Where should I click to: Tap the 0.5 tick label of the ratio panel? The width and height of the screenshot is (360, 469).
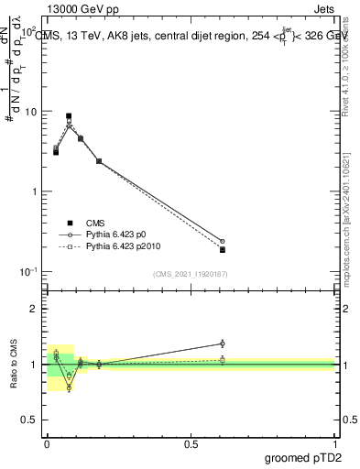(31, 420)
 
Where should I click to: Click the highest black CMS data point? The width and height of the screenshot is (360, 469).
(69, 116)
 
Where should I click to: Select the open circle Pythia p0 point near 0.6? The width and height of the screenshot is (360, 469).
(223, 241)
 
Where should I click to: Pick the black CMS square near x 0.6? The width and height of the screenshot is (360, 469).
(223, 250)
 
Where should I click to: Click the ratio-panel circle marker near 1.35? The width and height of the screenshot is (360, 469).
(223, 344)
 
